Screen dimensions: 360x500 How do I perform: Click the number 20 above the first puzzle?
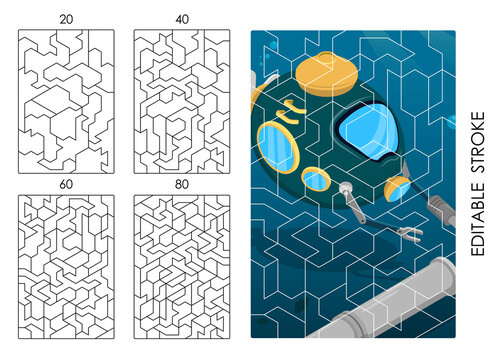(x=66, y=19)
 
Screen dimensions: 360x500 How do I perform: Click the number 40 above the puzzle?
(x=182, y=19)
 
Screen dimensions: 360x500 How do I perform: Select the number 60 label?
(x=66, y=184)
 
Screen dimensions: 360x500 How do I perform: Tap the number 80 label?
(x=182, y=184)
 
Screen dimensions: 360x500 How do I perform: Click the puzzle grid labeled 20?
(x=66, y=100)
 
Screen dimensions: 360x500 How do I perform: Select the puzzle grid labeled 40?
(x=182, y=100)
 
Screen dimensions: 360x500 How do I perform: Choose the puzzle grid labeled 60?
(x=66, y=265)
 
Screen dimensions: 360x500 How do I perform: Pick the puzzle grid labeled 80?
(x=182, y=265)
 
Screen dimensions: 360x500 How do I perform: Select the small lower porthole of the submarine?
(x=316, y=180)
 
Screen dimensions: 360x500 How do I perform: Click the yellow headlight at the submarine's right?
(x=397, y=183)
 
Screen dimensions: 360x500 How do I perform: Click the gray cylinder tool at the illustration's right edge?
(x=441, y=209)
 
